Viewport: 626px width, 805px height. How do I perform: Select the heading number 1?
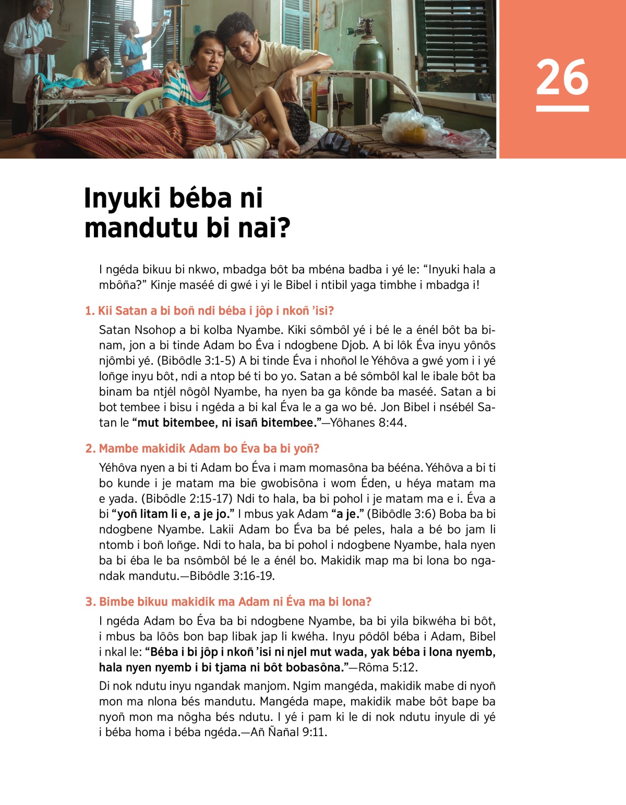90,311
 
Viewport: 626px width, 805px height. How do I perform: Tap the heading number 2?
90,449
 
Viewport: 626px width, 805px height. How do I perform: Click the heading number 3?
90,602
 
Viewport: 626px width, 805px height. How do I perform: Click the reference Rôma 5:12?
388,667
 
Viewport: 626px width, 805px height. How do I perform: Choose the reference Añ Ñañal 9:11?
288,732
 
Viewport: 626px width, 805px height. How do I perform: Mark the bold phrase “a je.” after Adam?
348,514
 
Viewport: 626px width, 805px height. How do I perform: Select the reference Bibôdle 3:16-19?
232,576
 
